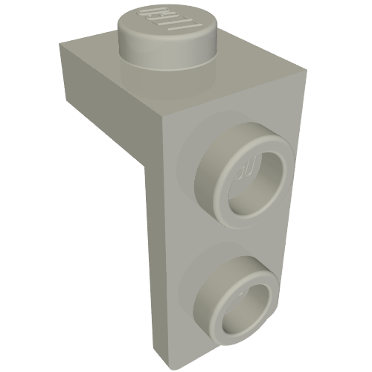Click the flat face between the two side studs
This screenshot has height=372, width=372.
pos(223,234)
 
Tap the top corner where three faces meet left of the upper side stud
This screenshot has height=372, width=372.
pos(164,120)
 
